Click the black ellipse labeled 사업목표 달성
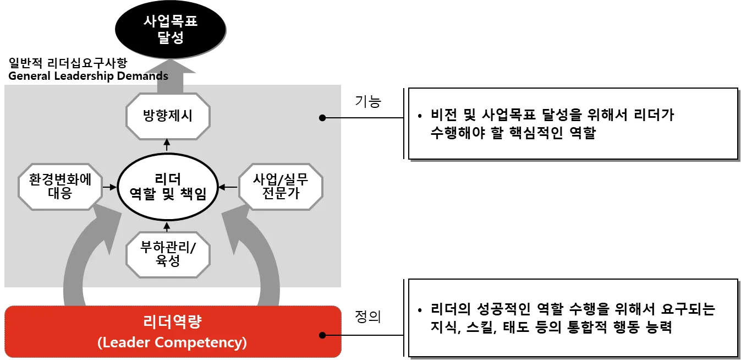171,30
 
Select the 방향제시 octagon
168,117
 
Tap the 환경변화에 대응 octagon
60,186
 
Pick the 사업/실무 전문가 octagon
280,186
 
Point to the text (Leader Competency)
172,342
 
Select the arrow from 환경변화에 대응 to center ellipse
110,187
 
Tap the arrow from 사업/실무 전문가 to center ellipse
227,187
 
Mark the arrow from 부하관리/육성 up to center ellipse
168,226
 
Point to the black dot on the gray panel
323,117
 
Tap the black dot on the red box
323,335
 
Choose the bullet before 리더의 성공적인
420,310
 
